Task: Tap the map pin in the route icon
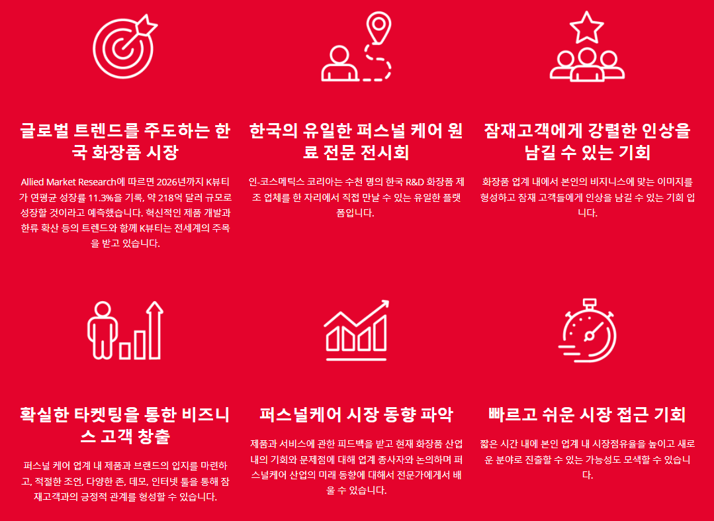[x=379, y=27]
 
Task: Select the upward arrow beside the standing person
[x=155, y=330]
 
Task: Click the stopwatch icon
[x=588, y=330]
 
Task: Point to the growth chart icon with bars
[x=357, y=330]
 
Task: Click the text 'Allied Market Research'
[x=68, y=182]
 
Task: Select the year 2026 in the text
[x=167, y=182]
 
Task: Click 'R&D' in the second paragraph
[x=414, y=182]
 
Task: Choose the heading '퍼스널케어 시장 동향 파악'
[x=357, y=414]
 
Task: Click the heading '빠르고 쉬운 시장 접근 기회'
[x=587, y=414]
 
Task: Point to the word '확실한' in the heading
[x=44, y=415]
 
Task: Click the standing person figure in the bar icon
[x=103, y=329]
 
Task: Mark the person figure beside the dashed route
[x=339, y=64]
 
